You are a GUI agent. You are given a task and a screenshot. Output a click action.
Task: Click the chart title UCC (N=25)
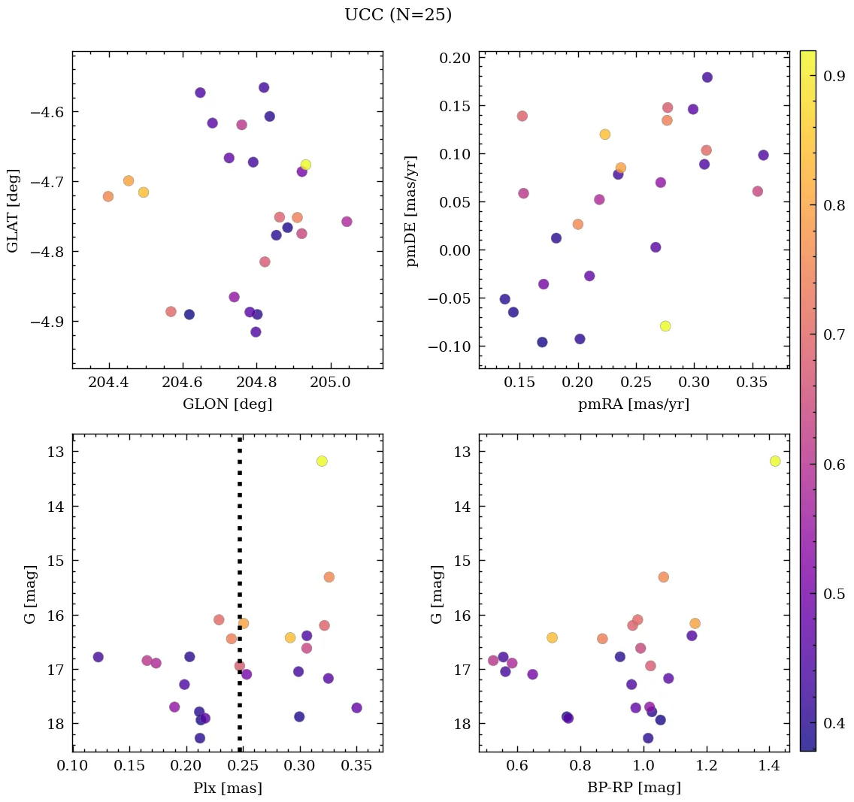[x=398, y=15]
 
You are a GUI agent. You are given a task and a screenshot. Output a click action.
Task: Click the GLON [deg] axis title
[x=227, y=404]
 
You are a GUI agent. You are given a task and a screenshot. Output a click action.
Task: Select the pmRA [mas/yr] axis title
[x=633, y=404]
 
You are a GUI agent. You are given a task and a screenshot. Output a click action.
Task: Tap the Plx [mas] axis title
[x=227, y=788]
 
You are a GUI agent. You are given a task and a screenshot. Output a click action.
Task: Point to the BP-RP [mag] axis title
[x=634, y=788]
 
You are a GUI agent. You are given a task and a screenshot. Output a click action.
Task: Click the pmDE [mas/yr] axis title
[x=412, y=210]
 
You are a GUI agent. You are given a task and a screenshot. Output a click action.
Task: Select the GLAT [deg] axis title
[x=13, y=210]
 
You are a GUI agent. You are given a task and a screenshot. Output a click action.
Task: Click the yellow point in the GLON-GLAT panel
[x=306, y=165]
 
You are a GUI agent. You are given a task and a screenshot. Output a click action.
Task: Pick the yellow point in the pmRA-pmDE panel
[x=665, y=325]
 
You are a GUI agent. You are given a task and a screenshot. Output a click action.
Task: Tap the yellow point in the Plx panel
[x=322, y=461]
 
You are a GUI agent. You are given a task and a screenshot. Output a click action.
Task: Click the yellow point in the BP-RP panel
[x=775, y=461]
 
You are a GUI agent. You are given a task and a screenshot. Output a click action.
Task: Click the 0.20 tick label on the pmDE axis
[x=455, y=58]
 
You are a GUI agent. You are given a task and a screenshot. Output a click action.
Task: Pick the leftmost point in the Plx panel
[x=98, y=657]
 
